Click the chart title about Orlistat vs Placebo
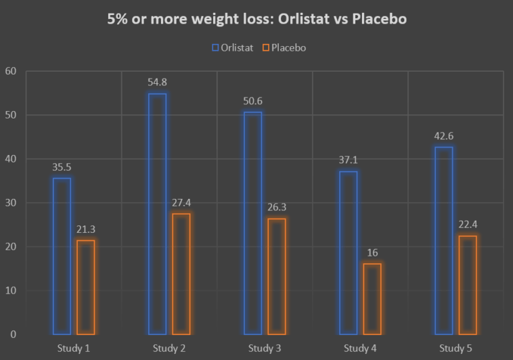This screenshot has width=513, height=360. coord(256,19)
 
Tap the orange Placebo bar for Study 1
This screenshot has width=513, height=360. coord(86,287)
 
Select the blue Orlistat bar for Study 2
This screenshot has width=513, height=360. coord(157,214)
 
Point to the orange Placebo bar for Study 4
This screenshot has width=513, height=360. coord(372,298)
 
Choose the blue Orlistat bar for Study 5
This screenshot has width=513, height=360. coord(443,240)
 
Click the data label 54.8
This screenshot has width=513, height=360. coord(157,83)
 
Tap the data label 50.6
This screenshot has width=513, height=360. coord(252,101)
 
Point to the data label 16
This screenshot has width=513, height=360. coord(372,252)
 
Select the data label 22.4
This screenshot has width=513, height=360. coord(468,225)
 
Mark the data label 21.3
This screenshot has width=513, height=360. coord(86,229)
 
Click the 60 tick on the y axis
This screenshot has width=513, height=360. coord(10,71)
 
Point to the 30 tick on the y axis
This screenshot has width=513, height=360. coord(10,203)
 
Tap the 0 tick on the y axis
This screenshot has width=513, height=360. coord(13,334)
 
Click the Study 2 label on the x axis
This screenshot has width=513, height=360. coord(169,348)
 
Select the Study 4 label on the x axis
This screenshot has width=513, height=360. coord(360,348)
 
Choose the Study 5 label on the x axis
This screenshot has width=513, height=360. coord(455,348)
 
